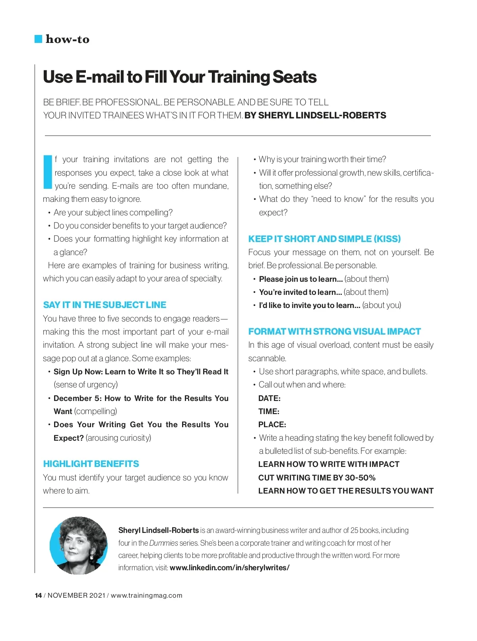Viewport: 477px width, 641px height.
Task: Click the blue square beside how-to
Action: (x=39, y=39)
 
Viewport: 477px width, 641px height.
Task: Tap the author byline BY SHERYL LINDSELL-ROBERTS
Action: (x=315, y=116)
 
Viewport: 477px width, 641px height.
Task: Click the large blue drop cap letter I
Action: (x=48, y=172)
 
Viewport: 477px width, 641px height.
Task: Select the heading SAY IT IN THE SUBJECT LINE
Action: (x=105, y=305)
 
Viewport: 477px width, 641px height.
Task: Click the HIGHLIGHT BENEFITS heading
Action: (x=91, y=464)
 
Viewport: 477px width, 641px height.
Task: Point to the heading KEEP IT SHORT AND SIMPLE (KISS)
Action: (x=324, y=239)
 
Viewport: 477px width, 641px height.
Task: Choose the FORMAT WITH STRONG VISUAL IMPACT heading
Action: (x=334, y=331)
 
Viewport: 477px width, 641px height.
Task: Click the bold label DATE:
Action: (x=270, y=398)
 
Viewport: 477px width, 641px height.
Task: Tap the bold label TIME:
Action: (x=269, y=411)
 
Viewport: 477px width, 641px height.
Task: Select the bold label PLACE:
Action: (x=272, y=424)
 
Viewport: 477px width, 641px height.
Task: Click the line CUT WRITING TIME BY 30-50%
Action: (x=317, y=478)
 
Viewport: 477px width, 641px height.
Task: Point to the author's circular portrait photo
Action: (x=79, y=545)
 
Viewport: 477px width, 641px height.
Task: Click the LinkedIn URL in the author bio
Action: (x=229, y=568)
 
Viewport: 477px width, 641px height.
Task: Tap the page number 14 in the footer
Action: (x=38, y=595)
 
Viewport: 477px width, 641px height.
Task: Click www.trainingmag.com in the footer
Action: (x=146, y=595)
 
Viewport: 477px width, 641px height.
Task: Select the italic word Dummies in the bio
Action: (x=163, y=543)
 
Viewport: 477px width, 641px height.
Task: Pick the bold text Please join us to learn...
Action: (x=301, y=279)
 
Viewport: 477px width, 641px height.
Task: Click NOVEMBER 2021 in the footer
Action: (x=76, y=595)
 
